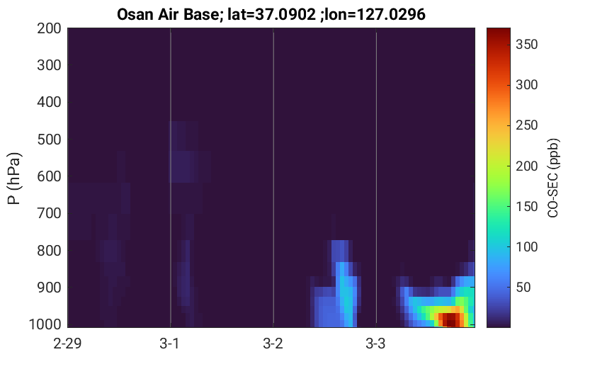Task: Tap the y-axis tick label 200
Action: [x=49, y=28]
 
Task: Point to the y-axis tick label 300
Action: [x=49, y=65]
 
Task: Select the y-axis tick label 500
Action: [x=49, y=140]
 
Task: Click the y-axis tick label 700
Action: [x=49, y=213]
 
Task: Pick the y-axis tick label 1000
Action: [x=45, y=324]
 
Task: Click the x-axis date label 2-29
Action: [x=67, y=344]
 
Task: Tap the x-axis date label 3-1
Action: [x=170, y=344]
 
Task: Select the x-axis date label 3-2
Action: [x=273, y=344]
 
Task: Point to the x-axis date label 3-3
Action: [x=375, y=344]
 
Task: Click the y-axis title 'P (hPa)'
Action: [x=14, y=178]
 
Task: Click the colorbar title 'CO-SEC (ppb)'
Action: [x=553, y=178]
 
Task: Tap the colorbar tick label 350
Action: [x=526, y=45]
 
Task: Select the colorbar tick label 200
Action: [x=526, y=166]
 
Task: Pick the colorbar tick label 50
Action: [x=523, y=288]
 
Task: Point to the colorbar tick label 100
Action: [x=526, y=246]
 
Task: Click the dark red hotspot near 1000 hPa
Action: [x=450, y=319]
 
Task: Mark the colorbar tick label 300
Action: [x=526, y=84]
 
